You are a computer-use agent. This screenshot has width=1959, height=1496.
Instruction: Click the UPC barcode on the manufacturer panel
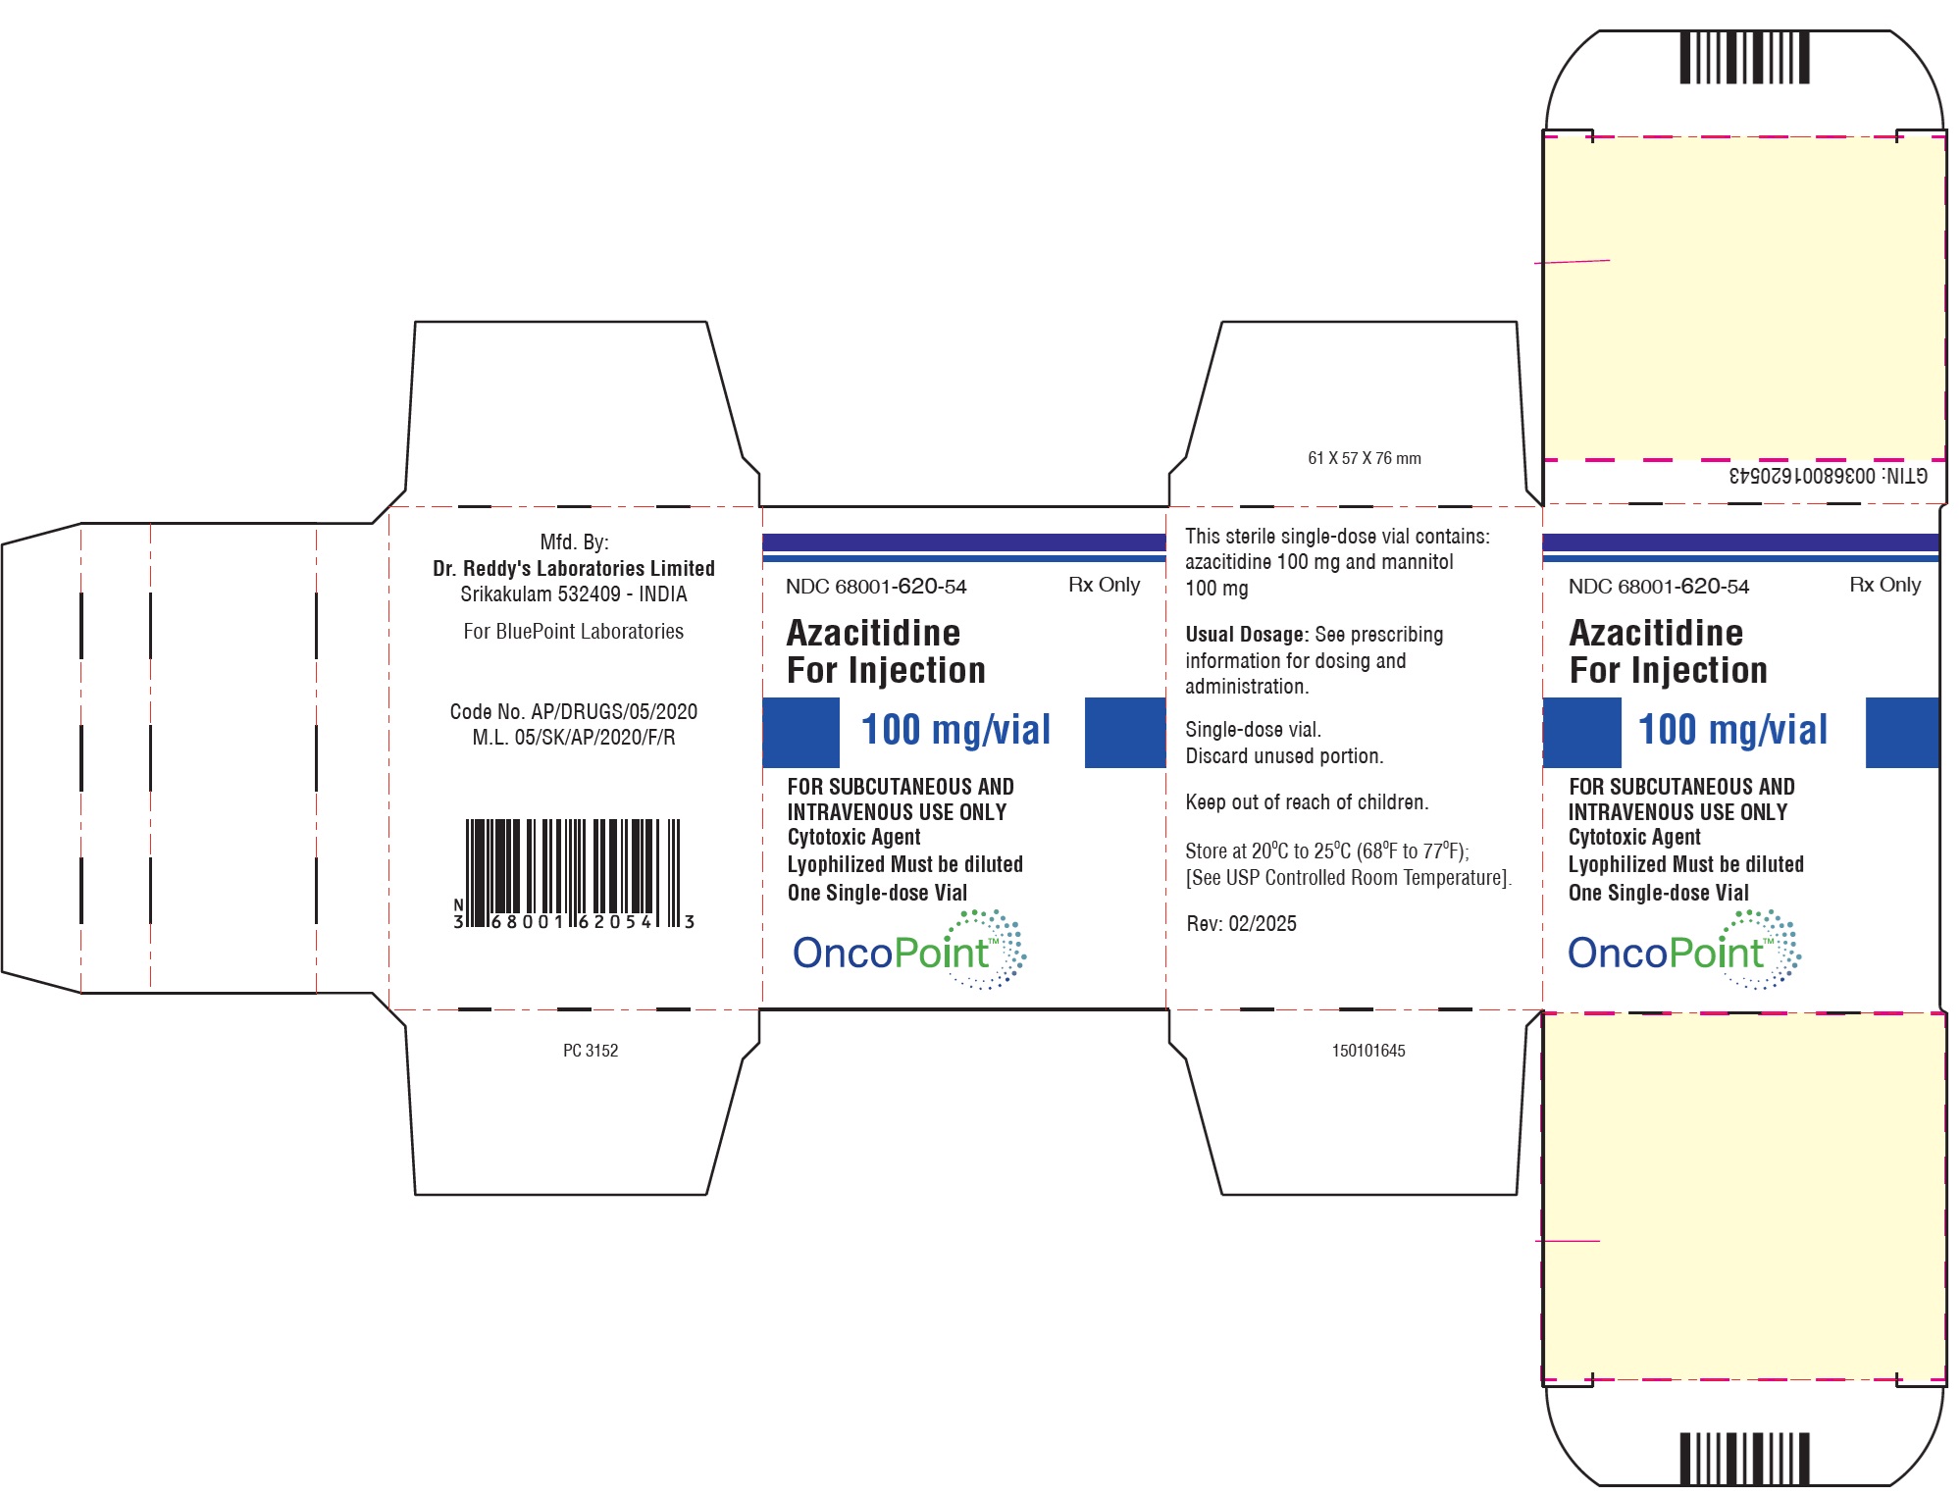pos(574,874)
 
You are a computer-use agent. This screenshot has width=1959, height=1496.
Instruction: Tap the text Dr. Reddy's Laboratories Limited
pos(574,568)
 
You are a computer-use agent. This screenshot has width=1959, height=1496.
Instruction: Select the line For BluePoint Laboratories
pos(574,631)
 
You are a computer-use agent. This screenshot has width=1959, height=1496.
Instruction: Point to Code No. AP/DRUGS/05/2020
pos(574,711)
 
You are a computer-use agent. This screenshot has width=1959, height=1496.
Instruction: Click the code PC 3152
pos(591,1051)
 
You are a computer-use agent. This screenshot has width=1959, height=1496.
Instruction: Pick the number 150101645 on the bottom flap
pos(1368,1051)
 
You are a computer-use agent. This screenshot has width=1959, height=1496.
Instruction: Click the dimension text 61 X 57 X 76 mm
pos(1365,458)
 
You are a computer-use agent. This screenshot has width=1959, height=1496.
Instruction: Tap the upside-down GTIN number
pos(1828,476)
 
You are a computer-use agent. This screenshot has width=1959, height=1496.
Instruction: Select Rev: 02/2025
pos(1242,923)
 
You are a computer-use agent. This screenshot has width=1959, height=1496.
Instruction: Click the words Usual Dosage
pos(1246,635)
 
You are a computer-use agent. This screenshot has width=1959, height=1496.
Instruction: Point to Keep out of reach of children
pos(1307,802)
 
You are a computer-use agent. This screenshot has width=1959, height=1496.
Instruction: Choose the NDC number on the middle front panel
pos(876,587)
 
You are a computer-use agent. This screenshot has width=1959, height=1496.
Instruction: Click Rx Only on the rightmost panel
pos(1885,585)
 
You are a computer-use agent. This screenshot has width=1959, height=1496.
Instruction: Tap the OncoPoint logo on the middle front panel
pos(909,950)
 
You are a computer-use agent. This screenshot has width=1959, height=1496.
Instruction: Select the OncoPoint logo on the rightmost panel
pos(1684,950)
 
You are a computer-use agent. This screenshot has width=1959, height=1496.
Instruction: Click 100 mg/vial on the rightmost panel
pos(1733,730)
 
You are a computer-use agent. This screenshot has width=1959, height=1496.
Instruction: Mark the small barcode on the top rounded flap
pos(1744,58)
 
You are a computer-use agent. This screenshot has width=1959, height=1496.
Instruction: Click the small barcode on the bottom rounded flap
pos(1744,1459)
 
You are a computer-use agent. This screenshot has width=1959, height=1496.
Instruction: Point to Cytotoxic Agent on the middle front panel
pos(853,837)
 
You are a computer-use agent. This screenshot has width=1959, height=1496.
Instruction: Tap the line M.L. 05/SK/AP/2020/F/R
pos(574,737)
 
